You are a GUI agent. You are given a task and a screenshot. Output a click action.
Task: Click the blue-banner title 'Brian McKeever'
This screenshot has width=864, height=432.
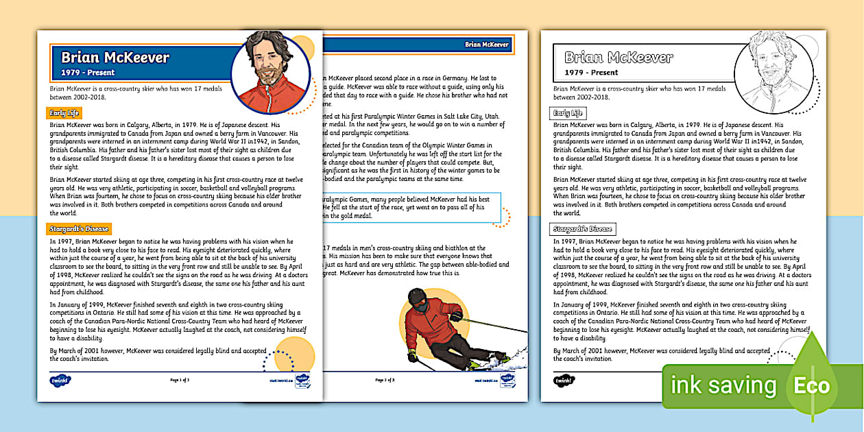pyautogui.click(x=115, y=58)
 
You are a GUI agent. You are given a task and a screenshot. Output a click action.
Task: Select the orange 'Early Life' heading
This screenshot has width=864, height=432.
pyautogui.click(x=64, y=112)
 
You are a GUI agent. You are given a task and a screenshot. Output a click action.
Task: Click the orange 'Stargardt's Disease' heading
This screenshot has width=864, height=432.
pyautogui.click(x=79, y=228)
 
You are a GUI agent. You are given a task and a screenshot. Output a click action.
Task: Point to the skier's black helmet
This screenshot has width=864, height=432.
pyautogui.click(x=417, y=298)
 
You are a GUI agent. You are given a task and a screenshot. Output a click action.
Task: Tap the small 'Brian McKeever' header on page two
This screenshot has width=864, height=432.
pyautogui.click(x=487, y=45)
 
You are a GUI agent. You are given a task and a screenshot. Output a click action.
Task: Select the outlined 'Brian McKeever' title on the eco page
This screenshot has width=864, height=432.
pyautogui.click(x=619, y=58)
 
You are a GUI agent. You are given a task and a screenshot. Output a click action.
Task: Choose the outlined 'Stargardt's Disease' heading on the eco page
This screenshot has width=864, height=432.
pyautogui.click(x=583, y=228)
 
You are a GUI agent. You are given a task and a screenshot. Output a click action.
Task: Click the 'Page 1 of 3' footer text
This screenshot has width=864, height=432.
pyautogui.click(x=179, y=379)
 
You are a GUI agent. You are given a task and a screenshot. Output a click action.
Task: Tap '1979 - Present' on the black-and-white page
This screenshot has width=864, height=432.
pyautogui.click(x=591, y=72)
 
